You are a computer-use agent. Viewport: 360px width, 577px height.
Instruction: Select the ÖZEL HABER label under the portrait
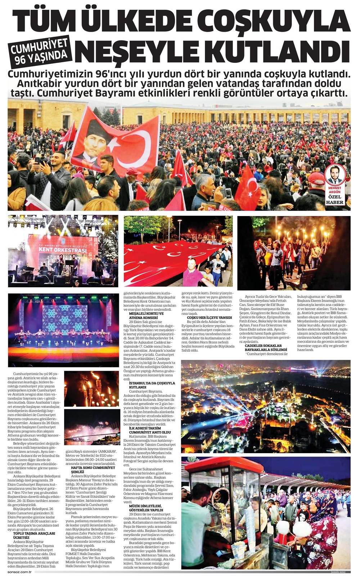click(x=335, y=199)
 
